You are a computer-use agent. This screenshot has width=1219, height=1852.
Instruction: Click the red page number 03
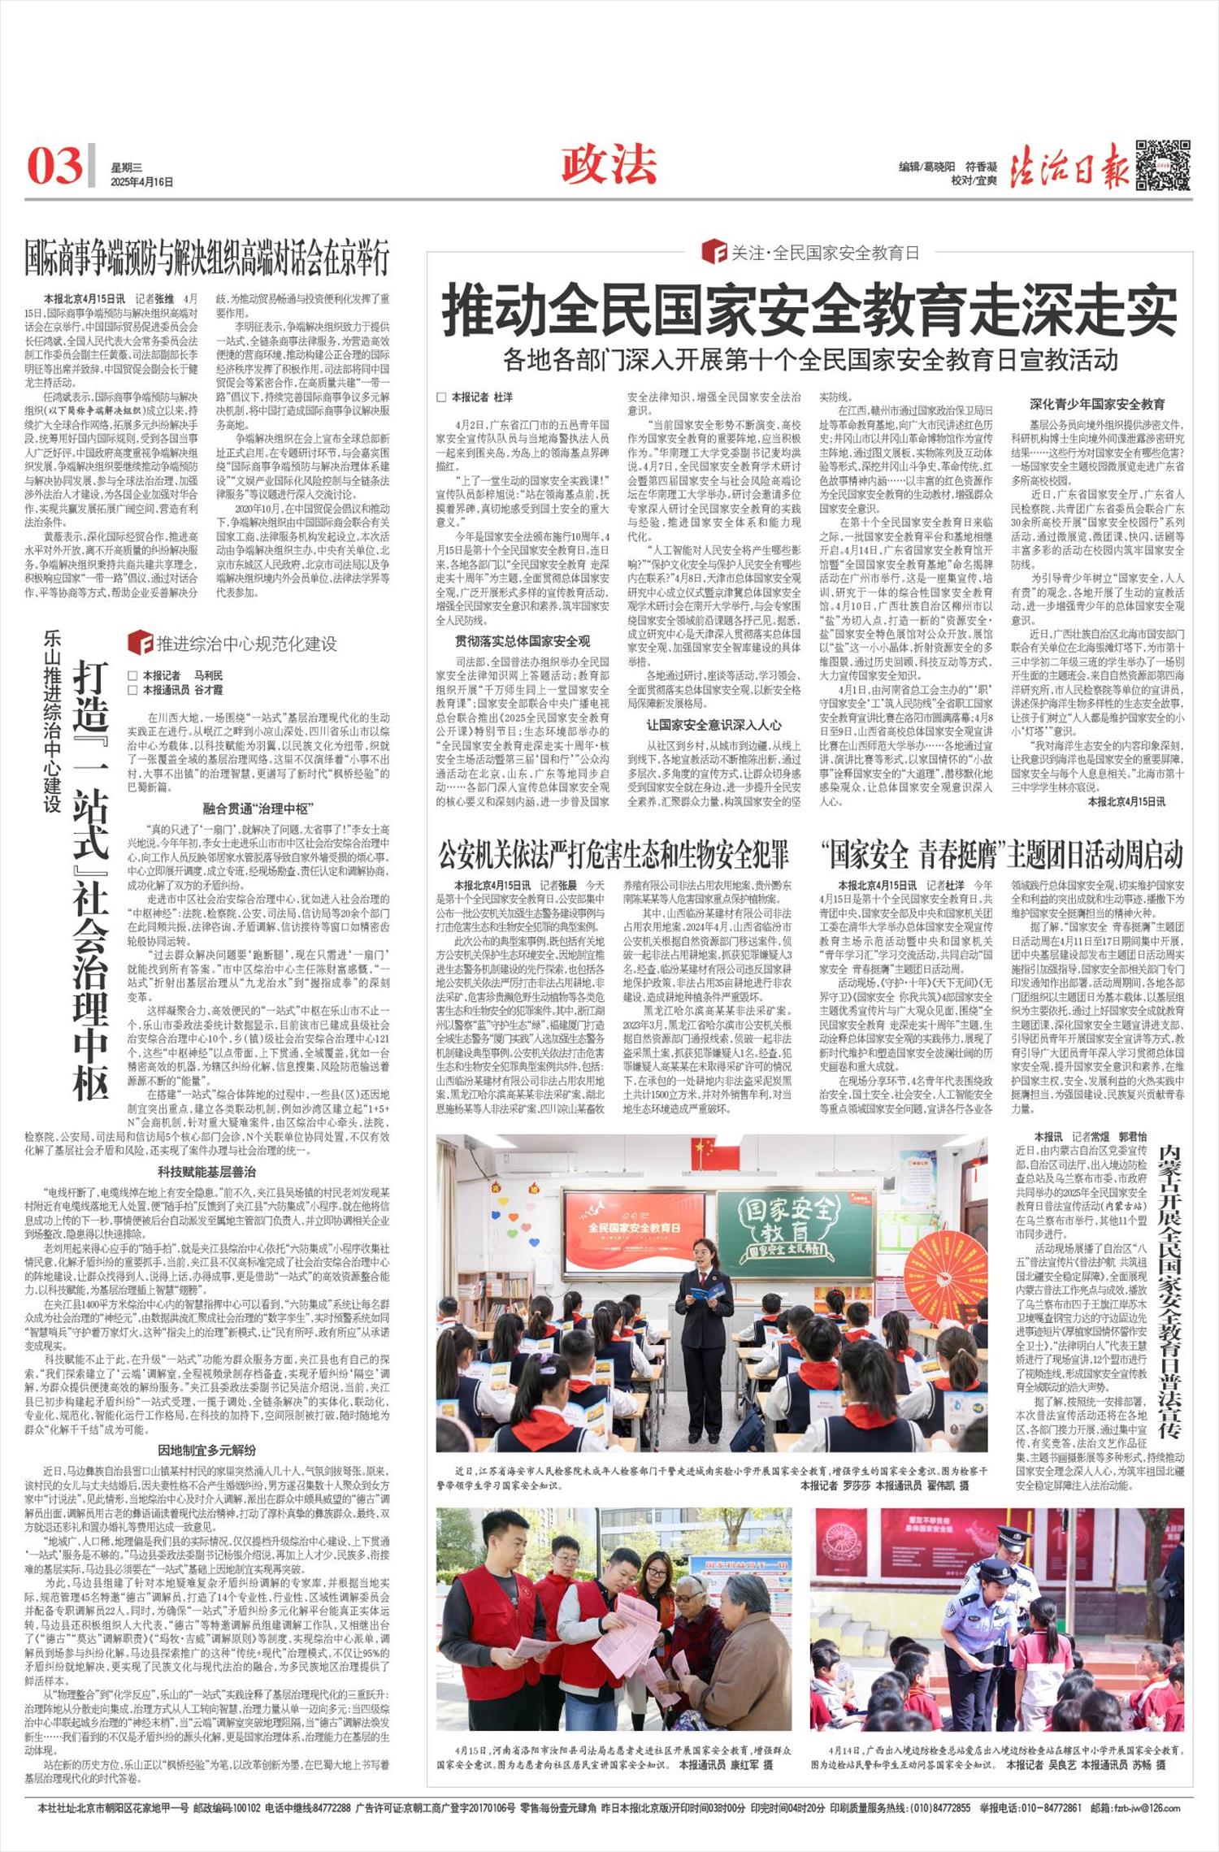[x=55, y=166]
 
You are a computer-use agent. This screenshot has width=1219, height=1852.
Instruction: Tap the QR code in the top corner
[x=1163, y=165]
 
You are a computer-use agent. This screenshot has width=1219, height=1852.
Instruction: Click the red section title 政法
[x=609, y=165]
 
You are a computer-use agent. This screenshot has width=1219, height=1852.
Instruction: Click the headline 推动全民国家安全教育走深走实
[x=809, y=310]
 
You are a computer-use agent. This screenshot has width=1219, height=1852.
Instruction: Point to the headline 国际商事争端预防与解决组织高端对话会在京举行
[x=206, y=258]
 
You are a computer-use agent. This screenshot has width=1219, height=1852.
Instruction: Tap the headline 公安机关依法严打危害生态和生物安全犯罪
[x=614, y=855]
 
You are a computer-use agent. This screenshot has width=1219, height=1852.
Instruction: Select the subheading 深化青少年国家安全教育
[x=1097, y=404]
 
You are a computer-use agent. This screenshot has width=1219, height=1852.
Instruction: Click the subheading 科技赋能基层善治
[x=206, y=1172]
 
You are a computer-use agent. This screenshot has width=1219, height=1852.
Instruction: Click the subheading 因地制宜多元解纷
[x=206, y=1450]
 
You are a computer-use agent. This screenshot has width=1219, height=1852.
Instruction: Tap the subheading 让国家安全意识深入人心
[x=714, y=724]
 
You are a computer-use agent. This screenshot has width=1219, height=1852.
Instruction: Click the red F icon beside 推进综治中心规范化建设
[x=139, y=644]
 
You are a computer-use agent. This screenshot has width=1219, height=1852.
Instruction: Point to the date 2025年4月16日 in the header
[x=142, y=182]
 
